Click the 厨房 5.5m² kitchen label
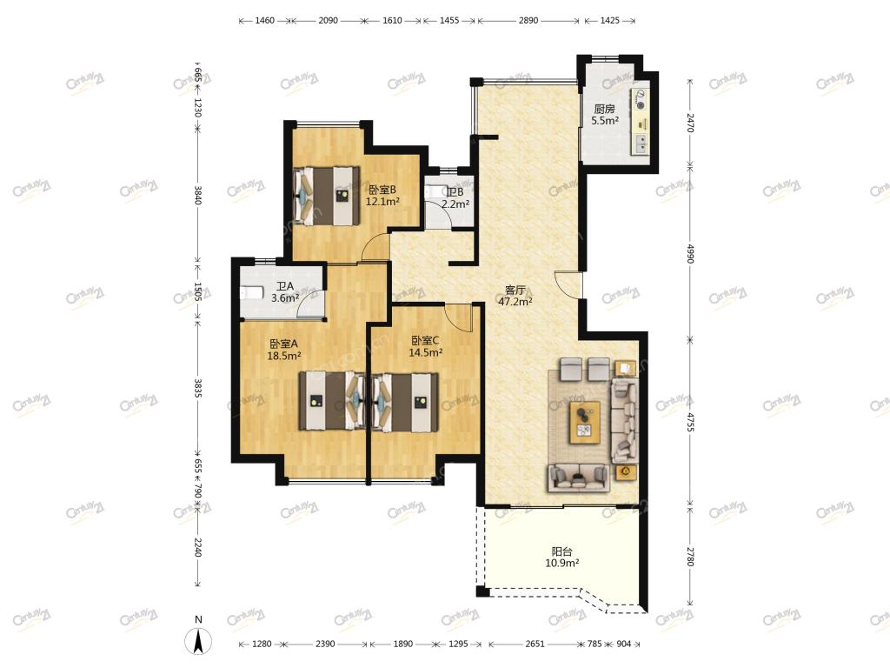point(605,114)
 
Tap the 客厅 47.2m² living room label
point(515,296)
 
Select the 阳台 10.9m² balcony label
point(562,558)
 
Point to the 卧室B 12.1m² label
point(382,196)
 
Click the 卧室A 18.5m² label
point(284,350)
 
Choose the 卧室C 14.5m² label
point(426,346)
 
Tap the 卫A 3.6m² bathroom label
point(285,292)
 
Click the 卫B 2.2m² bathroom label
point(455,198)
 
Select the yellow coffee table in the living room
point(585,422)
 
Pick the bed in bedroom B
point(327,196)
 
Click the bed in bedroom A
point(332,400)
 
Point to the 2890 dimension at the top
point(528,21)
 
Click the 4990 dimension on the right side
point(690,253)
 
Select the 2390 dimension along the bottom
point(325,644)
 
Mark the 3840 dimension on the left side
point(197,195)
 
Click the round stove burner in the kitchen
point(641,105)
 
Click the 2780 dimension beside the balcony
point(690,556)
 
